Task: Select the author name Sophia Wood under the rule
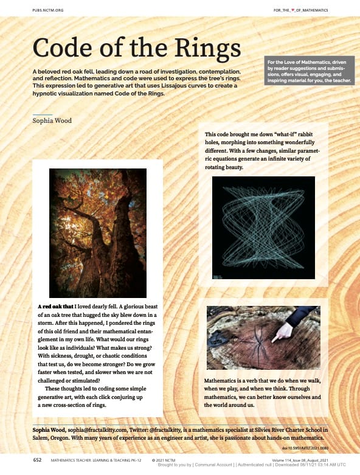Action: tap(52, 120)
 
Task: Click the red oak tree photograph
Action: tap(98, 232)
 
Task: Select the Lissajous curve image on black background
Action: tap(263, 227)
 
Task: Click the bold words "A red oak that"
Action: tap(55, 307)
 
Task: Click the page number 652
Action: tap(37, 460)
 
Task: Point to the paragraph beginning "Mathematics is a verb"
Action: tap(263, 392)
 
